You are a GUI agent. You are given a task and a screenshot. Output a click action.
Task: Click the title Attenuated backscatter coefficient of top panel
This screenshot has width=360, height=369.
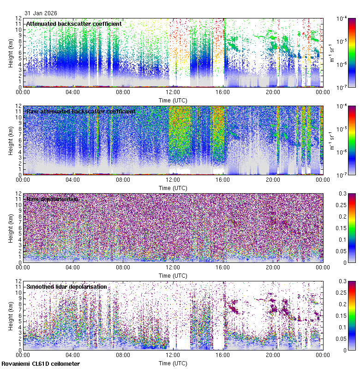(x=74, y=24)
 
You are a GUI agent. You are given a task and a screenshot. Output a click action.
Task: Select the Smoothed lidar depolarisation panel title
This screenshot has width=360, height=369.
(x=66, y=287)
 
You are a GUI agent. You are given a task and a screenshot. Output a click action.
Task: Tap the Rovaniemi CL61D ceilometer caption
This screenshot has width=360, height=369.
(x=40, y=364)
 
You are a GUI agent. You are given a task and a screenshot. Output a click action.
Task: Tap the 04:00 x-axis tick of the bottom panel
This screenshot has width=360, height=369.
(x=73, y=355)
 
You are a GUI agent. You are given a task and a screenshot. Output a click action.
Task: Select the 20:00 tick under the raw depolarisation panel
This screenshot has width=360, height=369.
(x=274, y=267)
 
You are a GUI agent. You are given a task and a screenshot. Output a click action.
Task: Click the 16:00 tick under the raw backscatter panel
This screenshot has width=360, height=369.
(x=223, y=179)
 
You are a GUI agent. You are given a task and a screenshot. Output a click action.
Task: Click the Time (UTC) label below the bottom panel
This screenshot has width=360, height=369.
(x=174, y=363)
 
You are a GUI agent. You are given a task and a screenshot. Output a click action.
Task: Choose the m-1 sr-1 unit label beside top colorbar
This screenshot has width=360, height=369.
(x=331, y=52)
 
